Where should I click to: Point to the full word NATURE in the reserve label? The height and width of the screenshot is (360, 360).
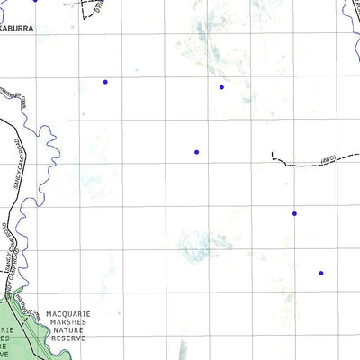[x=66, y=332]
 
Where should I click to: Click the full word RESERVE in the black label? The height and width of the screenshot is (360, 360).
[x=67, y=340]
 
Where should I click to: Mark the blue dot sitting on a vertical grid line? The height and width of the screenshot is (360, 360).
[x=294, y=213]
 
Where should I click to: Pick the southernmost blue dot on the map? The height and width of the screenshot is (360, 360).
[x=321, y=273]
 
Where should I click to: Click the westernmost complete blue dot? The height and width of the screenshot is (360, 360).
[x=105, y=82]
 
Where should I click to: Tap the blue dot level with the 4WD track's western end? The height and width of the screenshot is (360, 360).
[x=196, y=152]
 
